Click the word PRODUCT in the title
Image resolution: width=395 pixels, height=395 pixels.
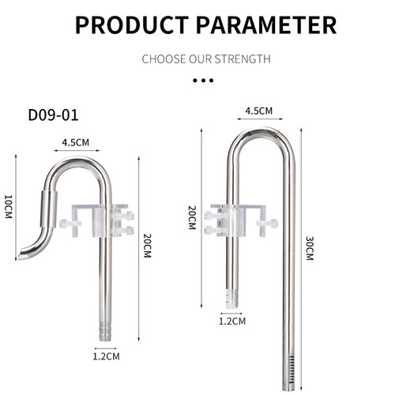tap(130, 24)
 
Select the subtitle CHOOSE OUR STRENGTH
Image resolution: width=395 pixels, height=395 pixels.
tap(205, 59)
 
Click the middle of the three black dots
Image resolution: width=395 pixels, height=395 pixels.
tap(204, 81)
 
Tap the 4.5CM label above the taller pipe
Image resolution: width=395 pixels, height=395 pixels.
tap(259, 110)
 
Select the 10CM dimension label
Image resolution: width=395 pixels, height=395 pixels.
tap(9, 207)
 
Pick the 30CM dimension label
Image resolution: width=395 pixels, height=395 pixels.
tap(309, 248)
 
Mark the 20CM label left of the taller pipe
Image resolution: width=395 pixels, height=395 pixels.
tap(192, 218)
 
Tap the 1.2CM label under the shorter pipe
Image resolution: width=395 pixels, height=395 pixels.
tap(106, 356)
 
